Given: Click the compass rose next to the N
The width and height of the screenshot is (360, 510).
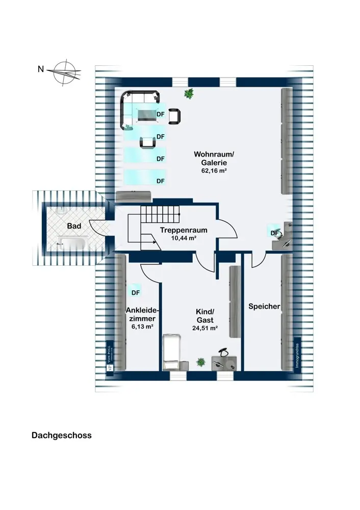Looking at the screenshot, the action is coord(65,71).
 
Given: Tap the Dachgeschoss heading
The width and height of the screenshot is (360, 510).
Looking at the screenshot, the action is coord(61,436).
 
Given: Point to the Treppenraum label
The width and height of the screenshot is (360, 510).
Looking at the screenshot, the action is coord(178,230).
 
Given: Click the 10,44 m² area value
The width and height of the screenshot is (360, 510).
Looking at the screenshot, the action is coord(178,238).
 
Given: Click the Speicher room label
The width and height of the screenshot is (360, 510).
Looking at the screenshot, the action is coord(264,307).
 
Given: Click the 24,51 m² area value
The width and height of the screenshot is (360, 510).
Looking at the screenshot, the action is coord(205,328).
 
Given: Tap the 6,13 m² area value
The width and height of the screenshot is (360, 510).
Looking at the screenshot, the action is coord(143,327).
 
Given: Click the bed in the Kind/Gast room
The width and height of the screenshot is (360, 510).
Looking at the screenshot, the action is coord(171,352).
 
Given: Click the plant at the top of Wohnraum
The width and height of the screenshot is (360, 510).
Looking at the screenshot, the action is coord(190,93).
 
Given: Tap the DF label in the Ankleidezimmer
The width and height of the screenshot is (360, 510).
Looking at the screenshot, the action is coord(136,293).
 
